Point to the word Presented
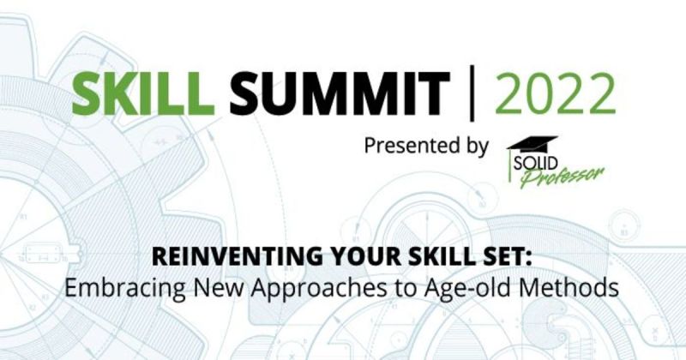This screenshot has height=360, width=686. [408, 146]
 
